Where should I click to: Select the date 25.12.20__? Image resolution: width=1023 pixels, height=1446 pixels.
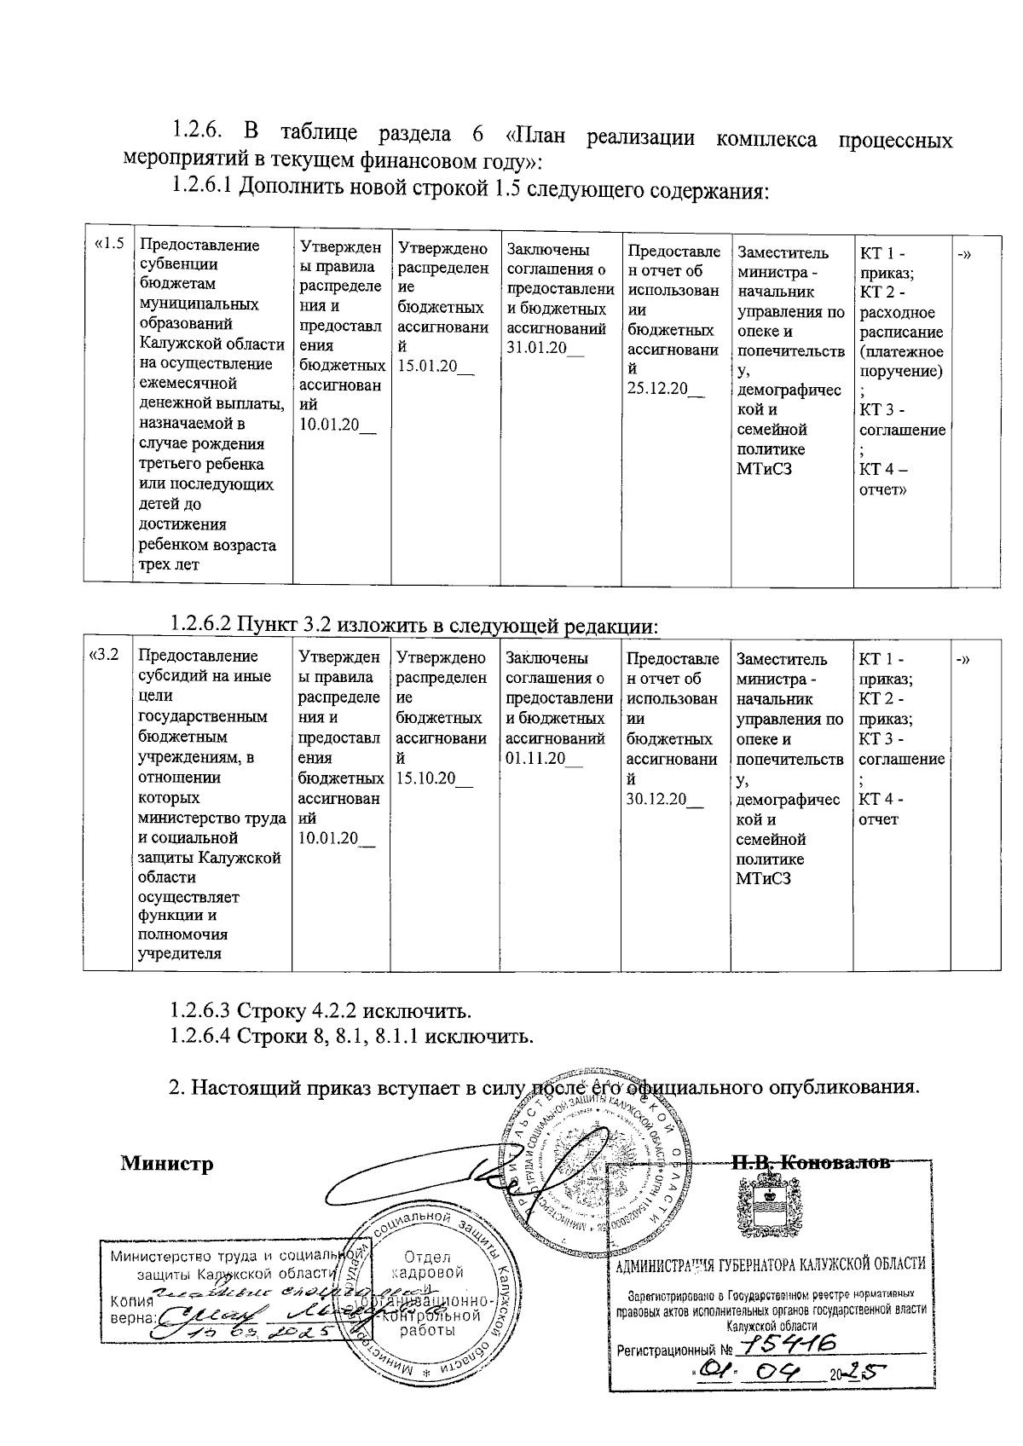coord(666,389)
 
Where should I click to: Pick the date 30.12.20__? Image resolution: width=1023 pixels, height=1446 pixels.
coord(665,799)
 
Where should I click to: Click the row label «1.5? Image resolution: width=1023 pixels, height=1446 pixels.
coord(108,245)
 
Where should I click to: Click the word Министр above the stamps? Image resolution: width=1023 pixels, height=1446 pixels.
coord(166,1163)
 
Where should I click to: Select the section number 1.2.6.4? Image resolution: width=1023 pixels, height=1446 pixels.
coord(201,1037)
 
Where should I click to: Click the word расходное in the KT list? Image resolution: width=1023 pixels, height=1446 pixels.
coord(897,313)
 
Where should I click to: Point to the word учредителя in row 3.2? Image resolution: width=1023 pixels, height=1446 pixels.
coord(180,953)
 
